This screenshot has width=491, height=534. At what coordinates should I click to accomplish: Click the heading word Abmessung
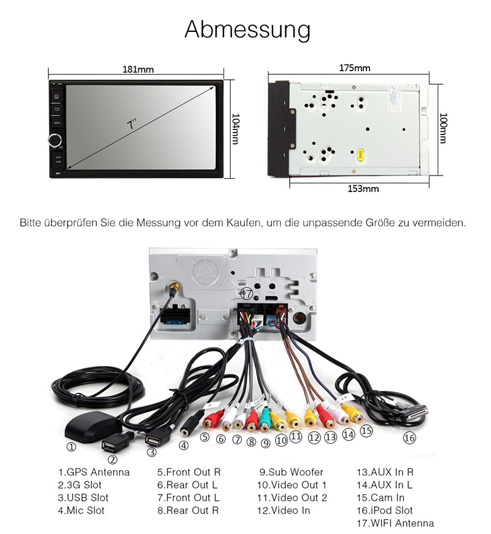[247, 29]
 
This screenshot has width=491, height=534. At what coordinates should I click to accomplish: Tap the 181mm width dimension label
[138, 69]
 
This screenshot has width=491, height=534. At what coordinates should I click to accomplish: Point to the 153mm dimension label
[363, 188]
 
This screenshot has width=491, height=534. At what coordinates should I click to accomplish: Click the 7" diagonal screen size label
[131, 123]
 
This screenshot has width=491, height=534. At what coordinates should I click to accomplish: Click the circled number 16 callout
[409, 438]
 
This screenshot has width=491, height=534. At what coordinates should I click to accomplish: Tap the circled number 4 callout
[183, 446]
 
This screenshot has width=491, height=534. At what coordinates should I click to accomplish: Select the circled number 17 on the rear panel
[246, 294]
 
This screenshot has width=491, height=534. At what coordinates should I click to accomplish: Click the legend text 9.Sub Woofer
[291, 472]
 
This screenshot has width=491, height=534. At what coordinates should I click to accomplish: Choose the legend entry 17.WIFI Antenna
[395, 523]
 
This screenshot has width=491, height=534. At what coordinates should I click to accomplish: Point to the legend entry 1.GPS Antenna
[94, 472]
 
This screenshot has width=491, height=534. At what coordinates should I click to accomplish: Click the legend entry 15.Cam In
[381, 498]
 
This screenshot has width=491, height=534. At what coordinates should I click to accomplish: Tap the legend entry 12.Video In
[284, 510]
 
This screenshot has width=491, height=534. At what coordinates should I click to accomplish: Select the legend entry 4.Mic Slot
[82, 510]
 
